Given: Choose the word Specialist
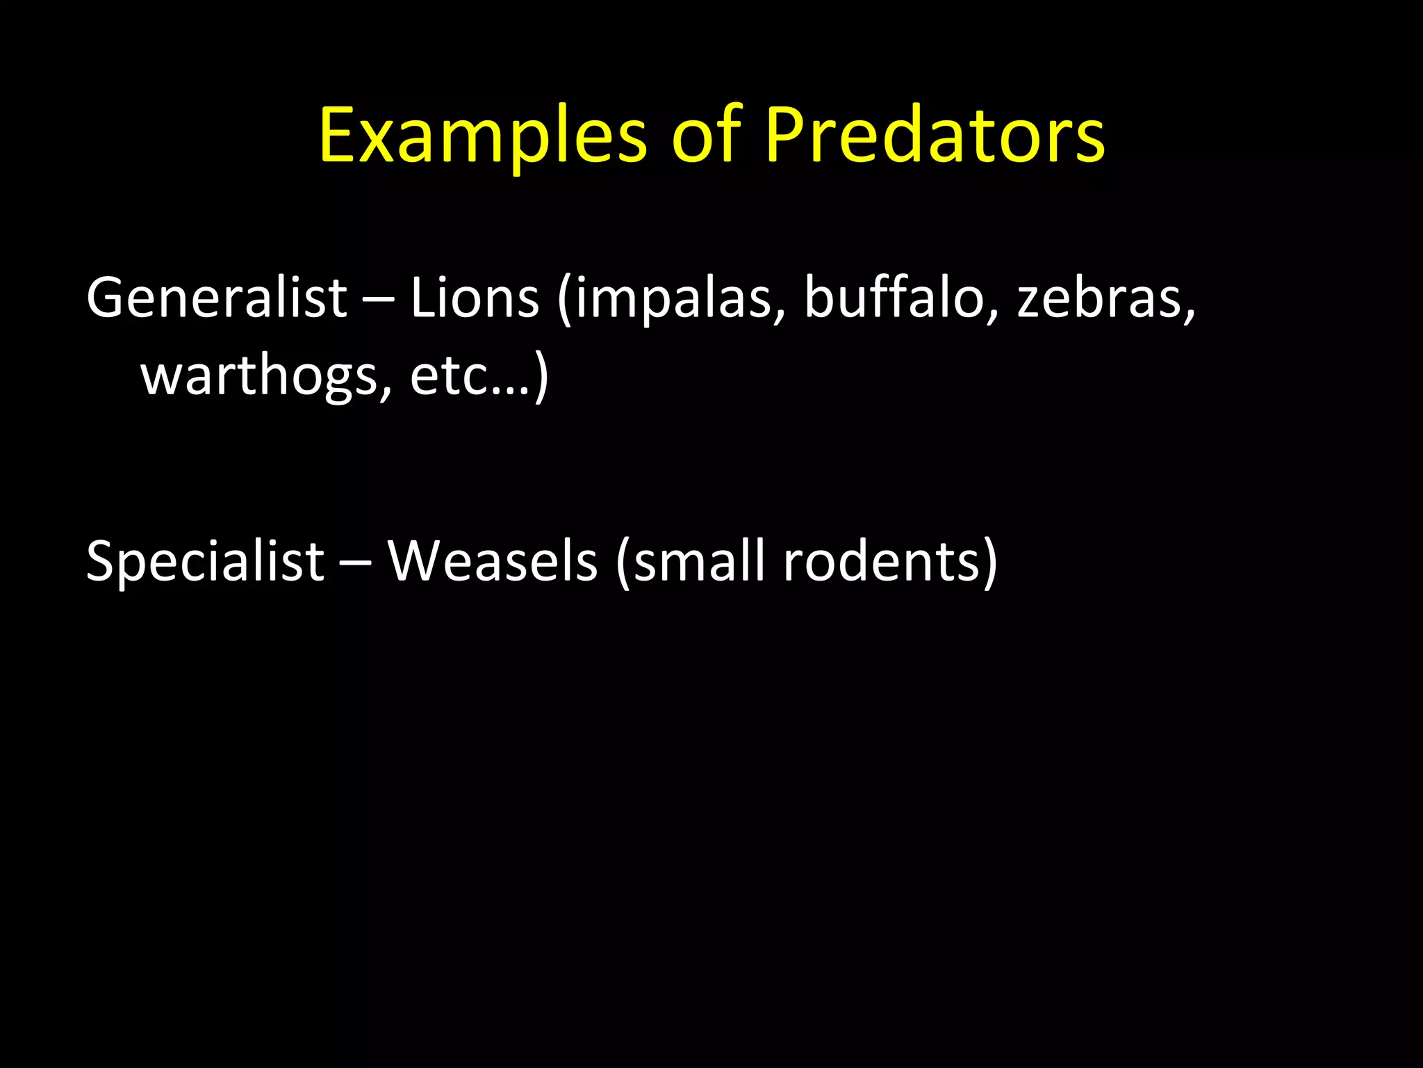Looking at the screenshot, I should point(205,562).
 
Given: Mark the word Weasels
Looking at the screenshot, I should point(492,562).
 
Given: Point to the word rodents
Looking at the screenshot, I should point(881,562).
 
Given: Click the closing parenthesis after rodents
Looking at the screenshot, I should point(989,563).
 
